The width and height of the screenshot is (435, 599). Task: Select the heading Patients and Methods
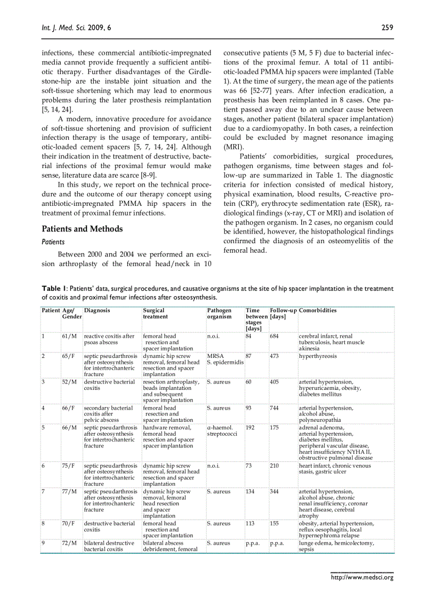(x=82, y=229)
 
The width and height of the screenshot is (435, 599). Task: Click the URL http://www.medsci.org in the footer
(x=362, y=577)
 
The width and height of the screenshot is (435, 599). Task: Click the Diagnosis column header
(x=97, y=310)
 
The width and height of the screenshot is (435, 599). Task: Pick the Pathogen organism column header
(x=219, y=313)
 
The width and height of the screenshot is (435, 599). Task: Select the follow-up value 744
(x=275, y=408)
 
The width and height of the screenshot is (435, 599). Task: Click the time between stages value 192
(x=251, y=427)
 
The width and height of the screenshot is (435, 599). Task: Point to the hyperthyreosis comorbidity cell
(x=318, y=356)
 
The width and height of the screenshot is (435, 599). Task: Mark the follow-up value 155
(x=275, y=523)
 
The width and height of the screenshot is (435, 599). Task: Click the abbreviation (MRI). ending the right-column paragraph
(x=232, y=146)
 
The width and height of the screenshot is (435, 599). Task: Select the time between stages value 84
(x=249, y=336)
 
